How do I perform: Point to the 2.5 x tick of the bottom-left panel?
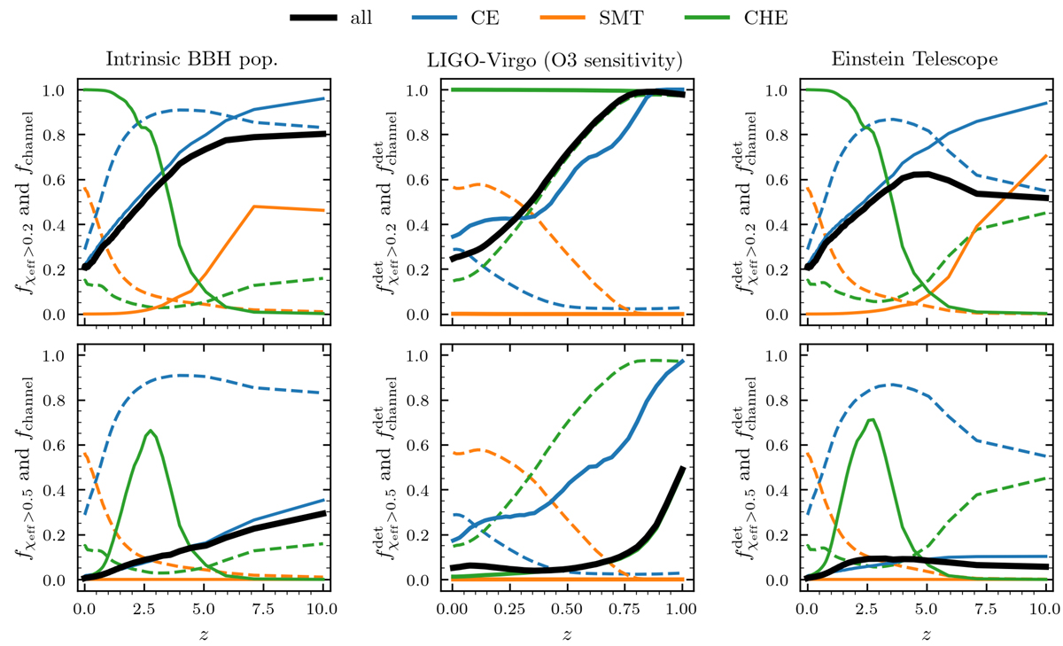click(x=144, y=610)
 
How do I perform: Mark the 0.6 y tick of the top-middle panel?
click(x=420, y=180)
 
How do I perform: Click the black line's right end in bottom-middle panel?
click(x=683, y=467)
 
